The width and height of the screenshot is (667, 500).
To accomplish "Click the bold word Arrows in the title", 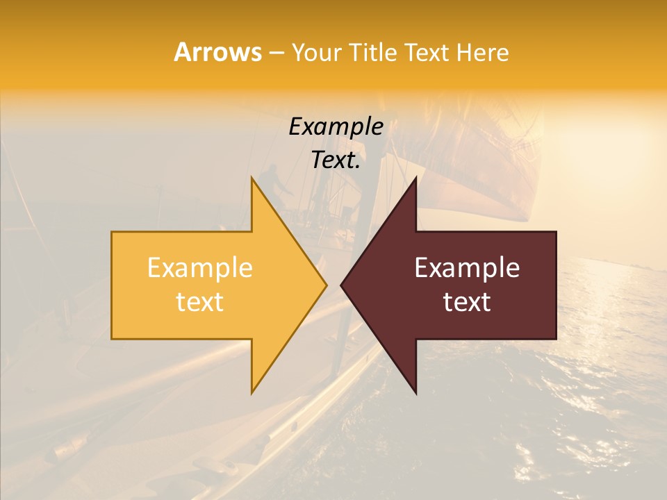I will coord(217,52).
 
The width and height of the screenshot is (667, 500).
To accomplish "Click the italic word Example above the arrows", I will coord(336,127).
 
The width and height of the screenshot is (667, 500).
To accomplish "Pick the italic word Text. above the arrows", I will coord(336,160).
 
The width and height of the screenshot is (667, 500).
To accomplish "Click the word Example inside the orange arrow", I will coord(200,268).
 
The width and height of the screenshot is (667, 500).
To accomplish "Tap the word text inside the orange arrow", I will coord(200,302).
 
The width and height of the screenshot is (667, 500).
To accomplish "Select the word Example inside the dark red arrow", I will coord(467,268).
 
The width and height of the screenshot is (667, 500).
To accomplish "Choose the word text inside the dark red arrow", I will coord(467,302).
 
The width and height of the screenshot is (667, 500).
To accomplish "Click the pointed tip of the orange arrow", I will coord(326,285).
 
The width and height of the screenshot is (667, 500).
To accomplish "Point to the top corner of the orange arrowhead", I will coord(252,178).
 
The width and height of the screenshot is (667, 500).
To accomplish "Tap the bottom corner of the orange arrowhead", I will coord(252,392).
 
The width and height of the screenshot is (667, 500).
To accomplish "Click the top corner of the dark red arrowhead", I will coord(415,178).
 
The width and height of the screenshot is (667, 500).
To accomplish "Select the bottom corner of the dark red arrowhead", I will coord(415,392).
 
